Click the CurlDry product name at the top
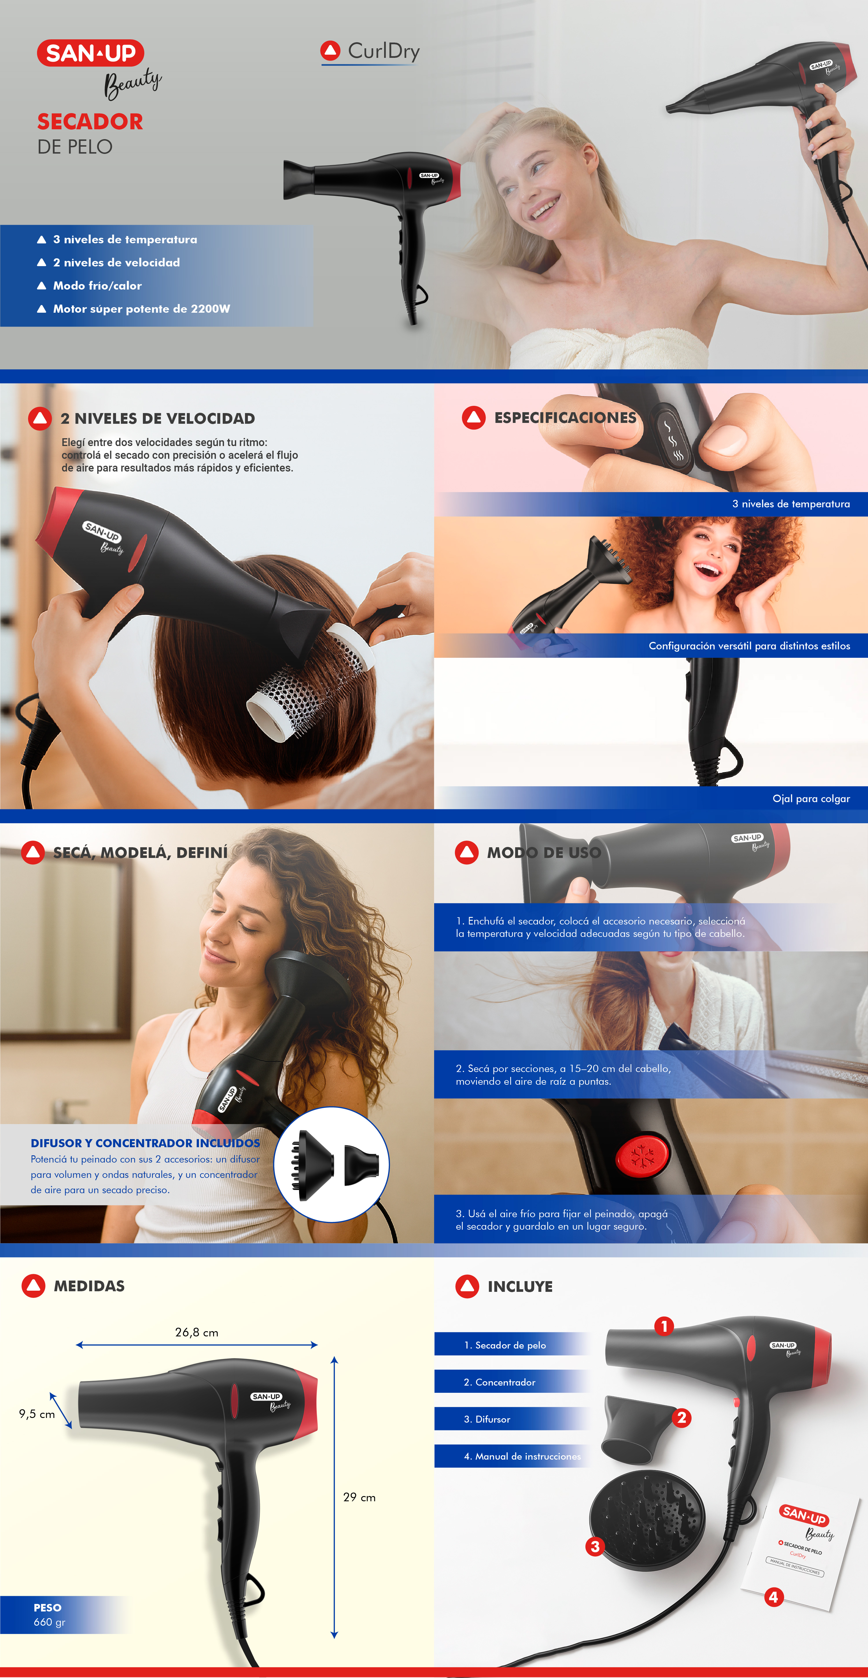[x=384, y=51]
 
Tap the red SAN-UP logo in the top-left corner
[x=91, y=53]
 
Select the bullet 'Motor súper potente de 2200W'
[x=141, y=309]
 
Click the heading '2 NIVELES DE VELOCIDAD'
[x=158, y=418]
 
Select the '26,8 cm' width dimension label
[x=197, y=1332]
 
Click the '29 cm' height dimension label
[x=360, y=1497]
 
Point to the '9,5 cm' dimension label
[x=37, y=1414]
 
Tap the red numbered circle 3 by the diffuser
[x=594, y=1546]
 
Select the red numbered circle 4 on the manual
[x=773, y=1597]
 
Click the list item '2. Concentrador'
[x=500, y=1382]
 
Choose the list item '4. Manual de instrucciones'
[x=522, y=1456]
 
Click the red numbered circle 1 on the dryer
[x=664, y=1326]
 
